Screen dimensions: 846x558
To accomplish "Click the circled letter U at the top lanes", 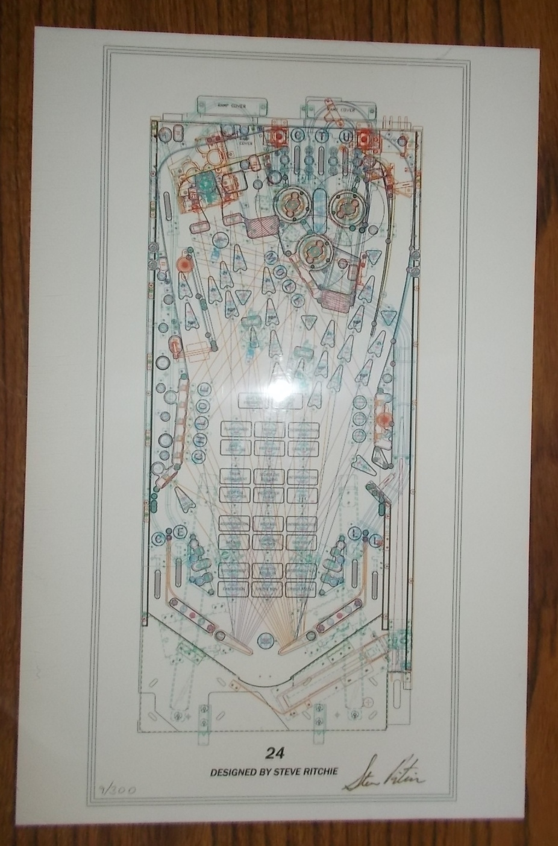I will (x=345, y=136).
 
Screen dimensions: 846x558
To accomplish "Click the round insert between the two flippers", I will (x=264, y=640).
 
